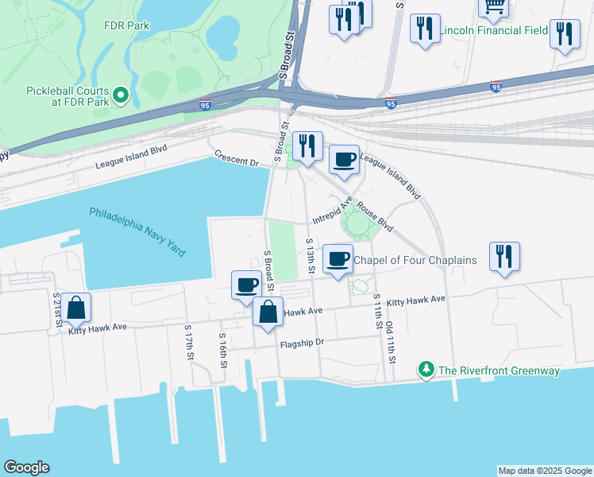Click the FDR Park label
point(127,25)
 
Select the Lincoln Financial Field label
point(494,31)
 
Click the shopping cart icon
point(494,6)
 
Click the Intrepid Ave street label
point(332,211)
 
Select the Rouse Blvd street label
point(375,215)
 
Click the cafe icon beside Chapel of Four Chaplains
point(337,258)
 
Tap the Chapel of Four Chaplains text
point(415,260)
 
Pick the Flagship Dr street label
point(303,343)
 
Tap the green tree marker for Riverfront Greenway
point(426,370)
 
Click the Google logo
point(27,467)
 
